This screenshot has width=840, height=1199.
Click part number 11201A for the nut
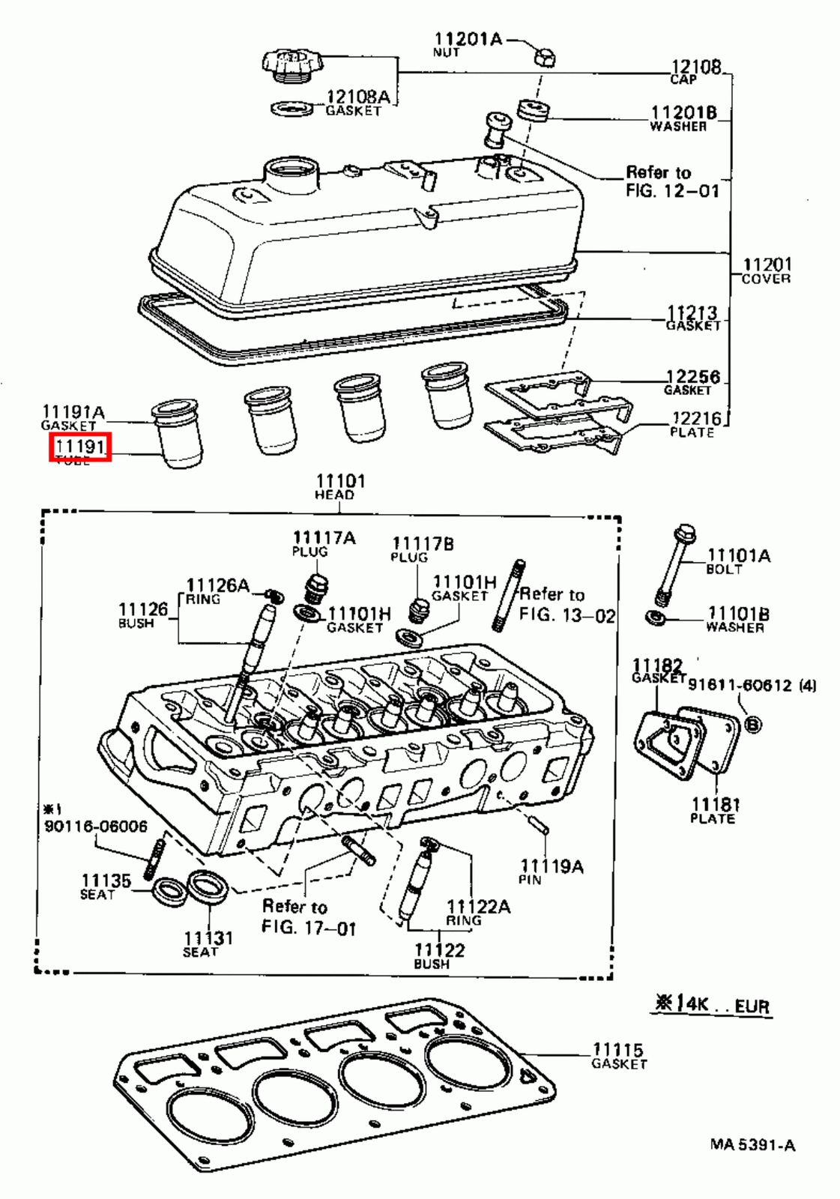[x=468, y=39]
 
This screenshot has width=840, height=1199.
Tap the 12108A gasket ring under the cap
[x=292, y=109]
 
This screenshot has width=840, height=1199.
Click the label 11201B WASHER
[x=683, y=118]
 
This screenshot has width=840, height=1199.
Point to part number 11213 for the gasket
[x=692, y=312]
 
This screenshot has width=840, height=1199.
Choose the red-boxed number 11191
[x=80, y=447]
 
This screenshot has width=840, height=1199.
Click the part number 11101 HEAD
[x=339, y=481]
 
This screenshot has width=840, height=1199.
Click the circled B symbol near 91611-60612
[x=752, y=724]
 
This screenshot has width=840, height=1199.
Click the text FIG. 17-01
[x=308, y=928]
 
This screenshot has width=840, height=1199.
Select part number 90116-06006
[x=96, y=826]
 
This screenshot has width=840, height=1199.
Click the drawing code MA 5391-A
[x=752, y=1144]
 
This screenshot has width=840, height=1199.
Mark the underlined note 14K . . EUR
[x=713, y=1004]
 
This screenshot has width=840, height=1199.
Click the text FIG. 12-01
[x=671, y=191]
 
